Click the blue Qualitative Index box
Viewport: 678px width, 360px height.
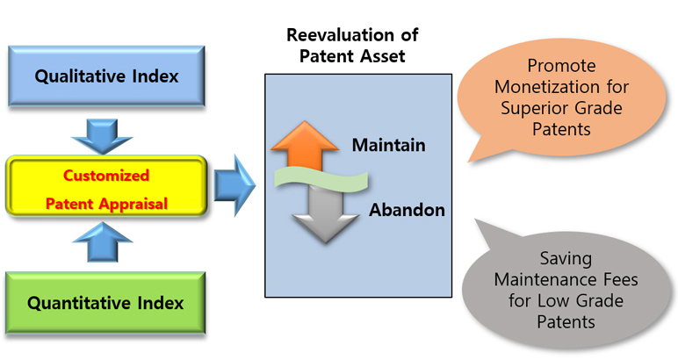point(106,76)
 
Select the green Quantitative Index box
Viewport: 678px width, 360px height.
point(105,303)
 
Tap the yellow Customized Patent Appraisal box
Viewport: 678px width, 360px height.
point(106,186)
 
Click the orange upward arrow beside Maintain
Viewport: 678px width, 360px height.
point(305,145)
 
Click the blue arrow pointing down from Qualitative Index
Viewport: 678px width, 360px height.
point(102,136)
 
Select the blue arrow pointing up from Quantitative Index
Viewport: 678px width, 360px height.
point(103,242)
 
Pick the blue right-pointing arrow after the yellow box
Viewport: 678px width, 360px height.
point(234,185)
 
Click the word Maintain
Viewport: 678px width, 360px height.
point(389,145)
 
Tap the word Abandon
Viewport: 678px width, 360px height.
point(407,210)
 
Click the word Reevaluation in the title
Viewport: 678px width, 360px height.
point(340,35)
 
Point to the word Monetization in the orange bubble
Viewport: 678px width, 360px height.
point(548,87)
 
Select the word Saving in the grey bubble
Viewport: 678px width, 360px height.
point(566,258)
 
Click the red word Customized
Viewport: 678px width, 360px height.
point(106,176)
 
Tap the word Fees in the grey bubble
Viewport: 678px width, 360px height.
point(619,279)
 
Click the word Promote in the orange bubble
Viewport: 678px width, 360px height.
point(561,66)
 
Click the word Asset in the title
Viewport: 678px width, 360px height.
point(385,56)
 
